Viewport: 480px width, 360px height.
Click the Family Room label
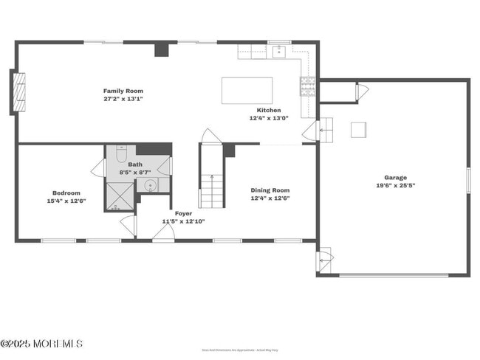point(123,91)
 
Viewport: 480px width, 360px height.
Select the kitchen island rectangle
point(247,90)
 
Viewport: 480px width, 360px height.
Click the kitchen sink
point(279,52)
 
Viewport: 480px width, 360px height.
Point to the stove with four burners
point(306,86)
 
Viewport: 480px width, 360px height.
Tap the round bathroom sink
point(150,185)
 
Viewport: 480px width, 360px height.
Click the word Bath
point(135,165)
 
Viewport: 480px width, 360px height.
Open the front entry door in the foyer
point(163,232)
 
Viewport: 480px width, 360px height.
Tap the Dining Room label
point(270,190)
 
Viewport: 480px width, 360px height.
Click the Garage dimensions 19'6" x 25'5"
point(395,186)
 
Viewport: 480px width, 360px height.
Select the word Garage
point(395,177)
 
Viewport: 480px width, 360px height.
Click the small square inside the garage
point(359,130)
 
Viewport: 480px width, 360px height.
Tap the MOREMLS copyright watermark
point(41,344)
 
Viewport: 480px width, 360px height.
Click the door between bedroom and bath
point(97,167)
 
